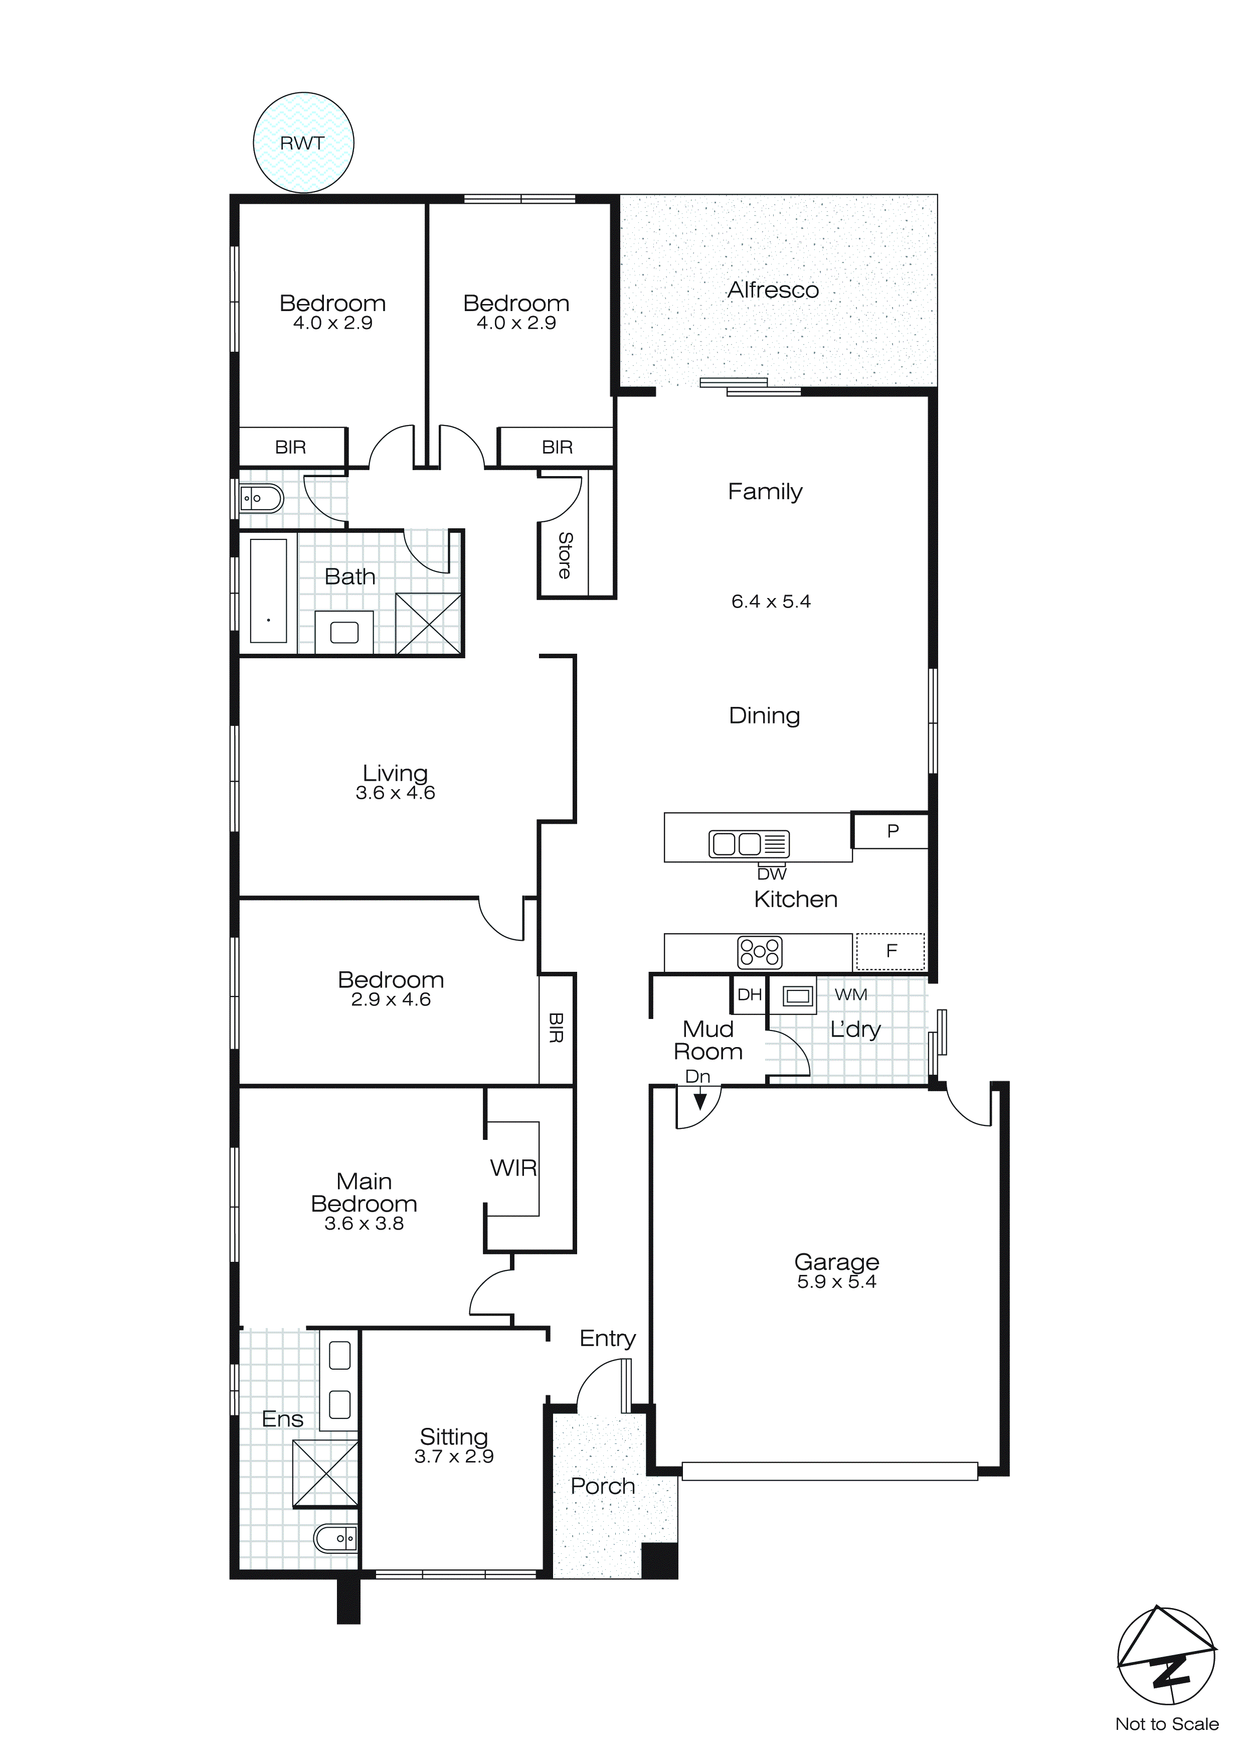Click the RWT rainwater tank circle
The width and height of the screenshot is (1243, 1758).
click(303, 142)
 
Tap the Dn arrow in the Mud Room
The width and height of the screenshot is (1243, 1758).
click(699, 1101)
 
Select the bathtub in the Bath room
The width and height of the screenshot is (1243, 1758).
click(268, 591)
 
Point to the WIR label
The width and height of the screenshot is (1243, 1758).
click(513, 1168)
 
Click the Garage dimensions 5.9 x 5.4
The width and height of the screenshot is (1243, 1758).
click(836, 1282)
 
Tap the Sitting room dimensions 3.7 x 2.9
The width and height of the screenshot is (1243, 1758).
click(453, 1456)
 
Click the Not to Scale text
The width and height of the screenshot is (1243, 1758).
click(1166, 1724)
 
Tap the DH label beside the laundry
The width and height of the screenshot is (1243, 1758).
click(749, 994)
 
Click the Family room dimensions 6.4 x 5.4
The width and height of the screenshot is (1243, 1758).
click(770, 602)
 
